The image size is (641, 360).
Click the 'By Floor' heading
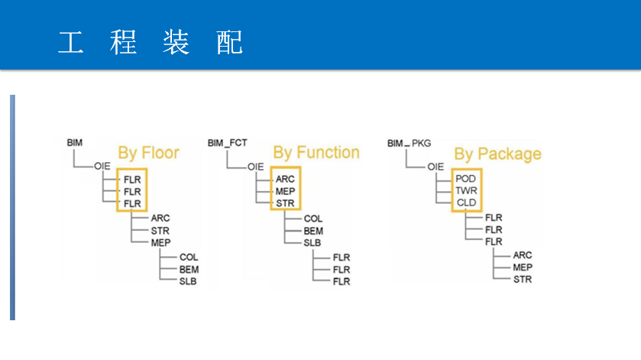click(148, 153)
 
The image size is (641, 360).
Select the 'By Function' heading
click(316, 153)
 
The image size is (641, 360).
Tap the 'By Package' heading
click(497, 154)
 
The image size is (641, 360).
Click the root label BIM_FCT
click(228, 143)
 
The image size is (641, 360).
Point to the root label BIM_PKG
click(409, 143)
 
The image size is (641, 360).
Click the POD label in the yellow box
click(465, 179)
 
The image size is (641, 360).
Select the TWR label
click(466, 190)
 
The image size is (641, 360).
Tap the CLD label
click(466, 203)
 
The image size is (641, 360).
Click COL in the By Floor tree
click(189, 258)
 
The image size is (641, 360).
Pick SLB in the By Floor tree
click(188, 281)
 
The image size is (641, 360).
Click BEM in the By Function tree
click(313, 231)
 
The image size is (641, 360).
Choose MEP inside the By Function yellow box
click(285, 191)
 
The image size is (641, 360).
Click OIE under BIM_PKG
click(435, 167)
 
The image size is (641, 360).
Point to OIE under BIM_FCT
click(255, 167)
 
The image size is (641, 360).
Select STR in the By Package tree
click(523, 280)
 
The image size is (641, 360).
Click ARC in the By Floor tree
click(160, 218)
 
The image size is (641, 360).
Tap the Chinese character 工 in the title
click(71, 42)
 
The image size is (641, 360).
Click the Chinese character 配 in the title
click(229, 42)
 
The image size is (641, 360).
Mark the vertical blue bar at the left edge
click(12, 207)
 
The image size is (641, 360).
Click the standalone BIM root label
click(74, 143)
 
